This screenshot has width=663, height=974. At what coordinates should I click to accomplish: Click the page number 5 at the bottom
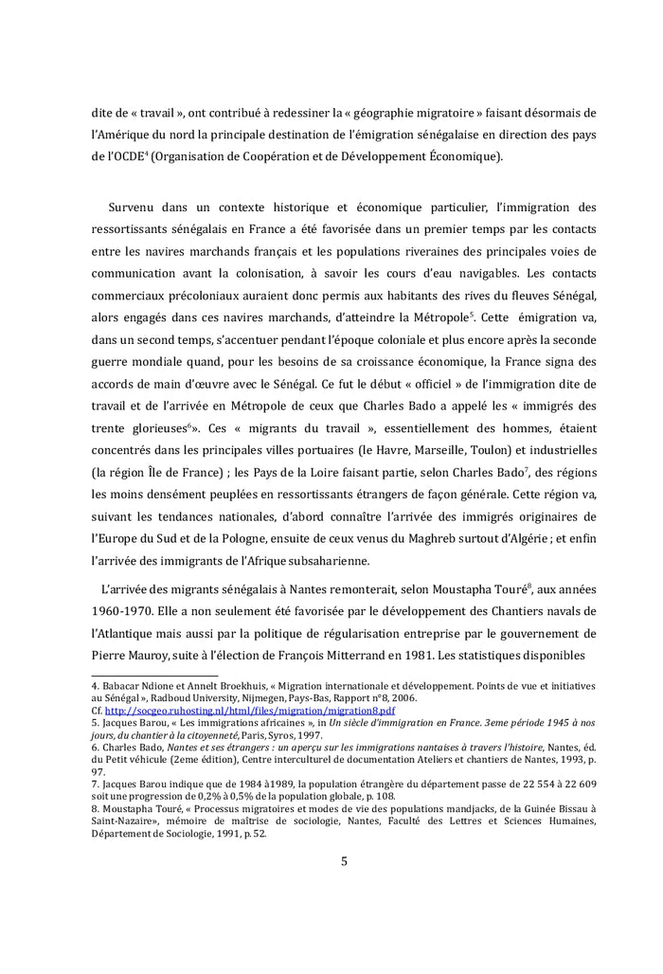pyautogui.click(x=345, y=861)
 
